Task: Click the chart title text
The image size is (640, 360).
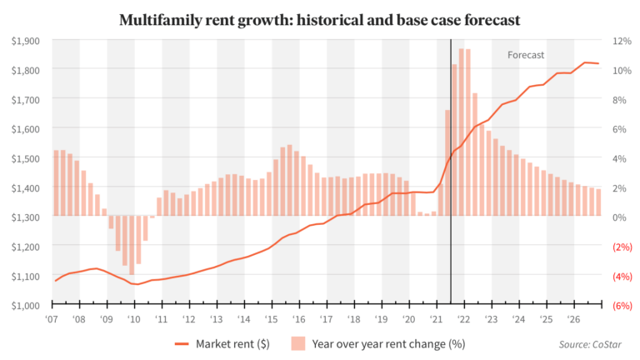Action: (319, 18)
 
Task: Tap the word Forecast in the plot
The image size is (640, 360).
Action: (526, 55)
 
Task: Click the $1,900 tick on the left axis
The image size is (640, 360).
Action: (27, 41)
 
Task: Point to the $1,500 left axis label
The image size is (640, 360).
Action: (27, 158)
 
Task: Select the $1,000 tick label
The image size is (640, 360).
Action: (27, 305)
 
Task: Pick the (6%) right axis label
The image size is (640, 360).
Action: (622, 305)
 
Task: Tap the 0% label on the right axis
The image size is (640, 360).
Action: (619, 217)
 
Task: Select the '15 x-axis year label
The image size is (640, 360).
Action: (272, 319)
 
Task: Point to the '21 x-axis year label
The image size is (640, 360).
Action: (436, 319)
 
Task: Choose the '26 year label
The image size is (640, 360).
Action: (573, 319)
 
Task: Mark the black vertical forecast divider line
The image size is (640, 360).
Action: (451, 167)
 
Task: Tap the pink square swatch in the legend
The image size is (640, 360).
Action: (297, 342)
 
